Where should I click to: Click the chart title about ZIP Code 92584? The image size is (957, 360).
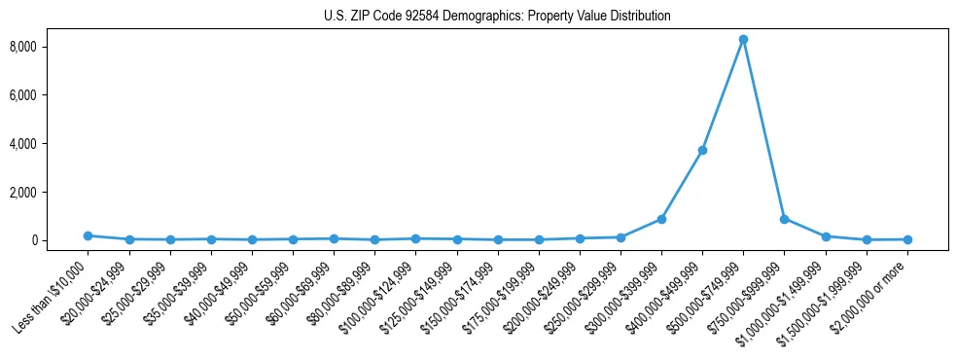click(496, 17)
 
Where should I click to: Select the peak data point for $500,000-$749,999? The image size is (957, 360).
click(743, 40)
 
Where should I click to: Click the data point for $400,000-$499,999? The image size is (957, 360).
click(702, 150)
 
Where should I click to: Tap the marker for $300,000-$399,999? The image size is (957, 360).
click(661, 219)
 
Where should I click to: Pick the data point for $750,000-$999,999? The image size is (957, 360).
click(784, 219)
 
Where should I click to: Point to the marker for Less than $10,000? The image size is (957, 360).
click(89, 235)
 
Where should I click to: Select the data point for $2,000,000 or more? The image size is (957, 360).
click(906, 239)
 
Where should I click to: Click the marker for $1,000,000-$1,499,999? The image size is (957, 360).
click(825, 236)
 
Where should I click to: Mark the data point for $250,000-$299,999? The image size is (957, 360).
click(620, 237)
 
